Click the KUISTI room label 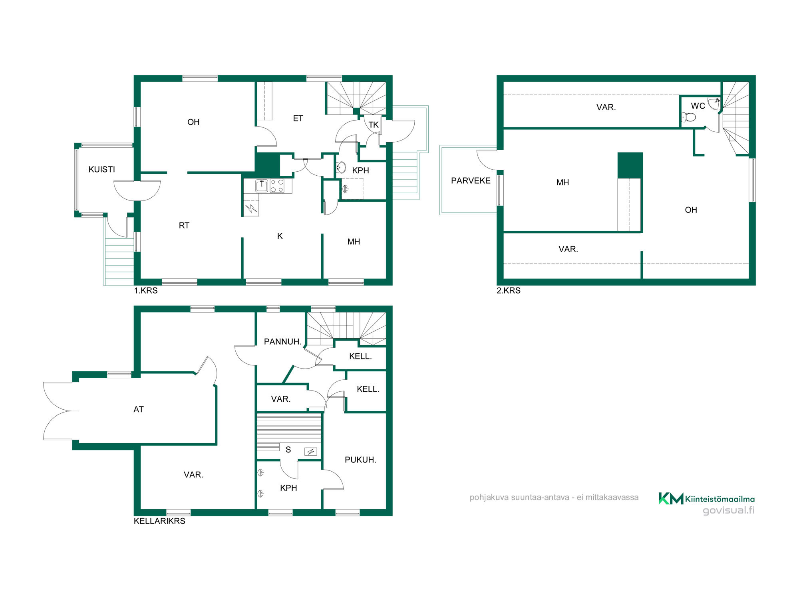(x=101, y=169)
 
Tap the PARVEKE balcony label (x=471, y=180)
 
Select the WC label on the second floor (x=698, y=106)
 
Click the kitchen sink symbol (x=262, y=186)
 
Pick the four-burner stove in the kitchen (x=277, y=186)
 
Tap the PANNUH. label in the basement (x=283, y=341)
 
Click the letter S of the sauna (x=288, y=450)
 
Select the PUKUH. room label (x=360, y=460)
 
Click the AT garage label (x=138, y=409)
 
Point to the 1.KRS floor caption (x=146, y=291)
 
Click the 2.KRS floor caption (x=509, y=291)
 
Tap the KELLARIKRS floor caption (x=159, y=521)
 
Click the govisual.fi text (x=729, y=510)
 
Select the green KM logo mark (x=671, y=498)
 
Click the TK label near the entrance (x=374, y=125)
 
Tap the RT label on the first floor (x=184, y=226)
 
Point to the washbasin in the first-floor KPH (x=341, y=167)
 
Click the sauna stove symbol (x=310, y=452)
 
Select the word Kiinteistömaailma (x=720, y=499)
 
